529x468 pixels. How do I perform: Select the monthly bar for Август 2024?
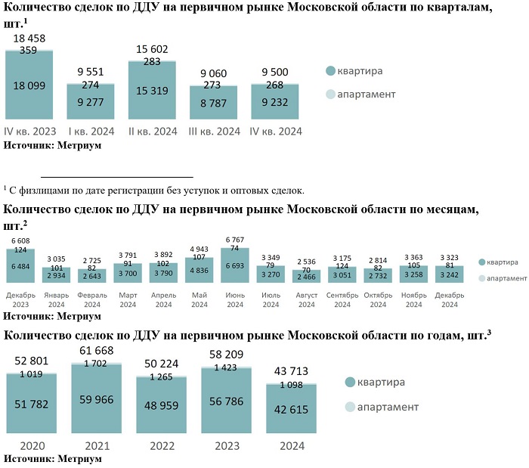[x=307, y=276]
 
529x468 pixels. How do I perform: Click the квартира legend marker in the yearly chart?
[x=349, y=382]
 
